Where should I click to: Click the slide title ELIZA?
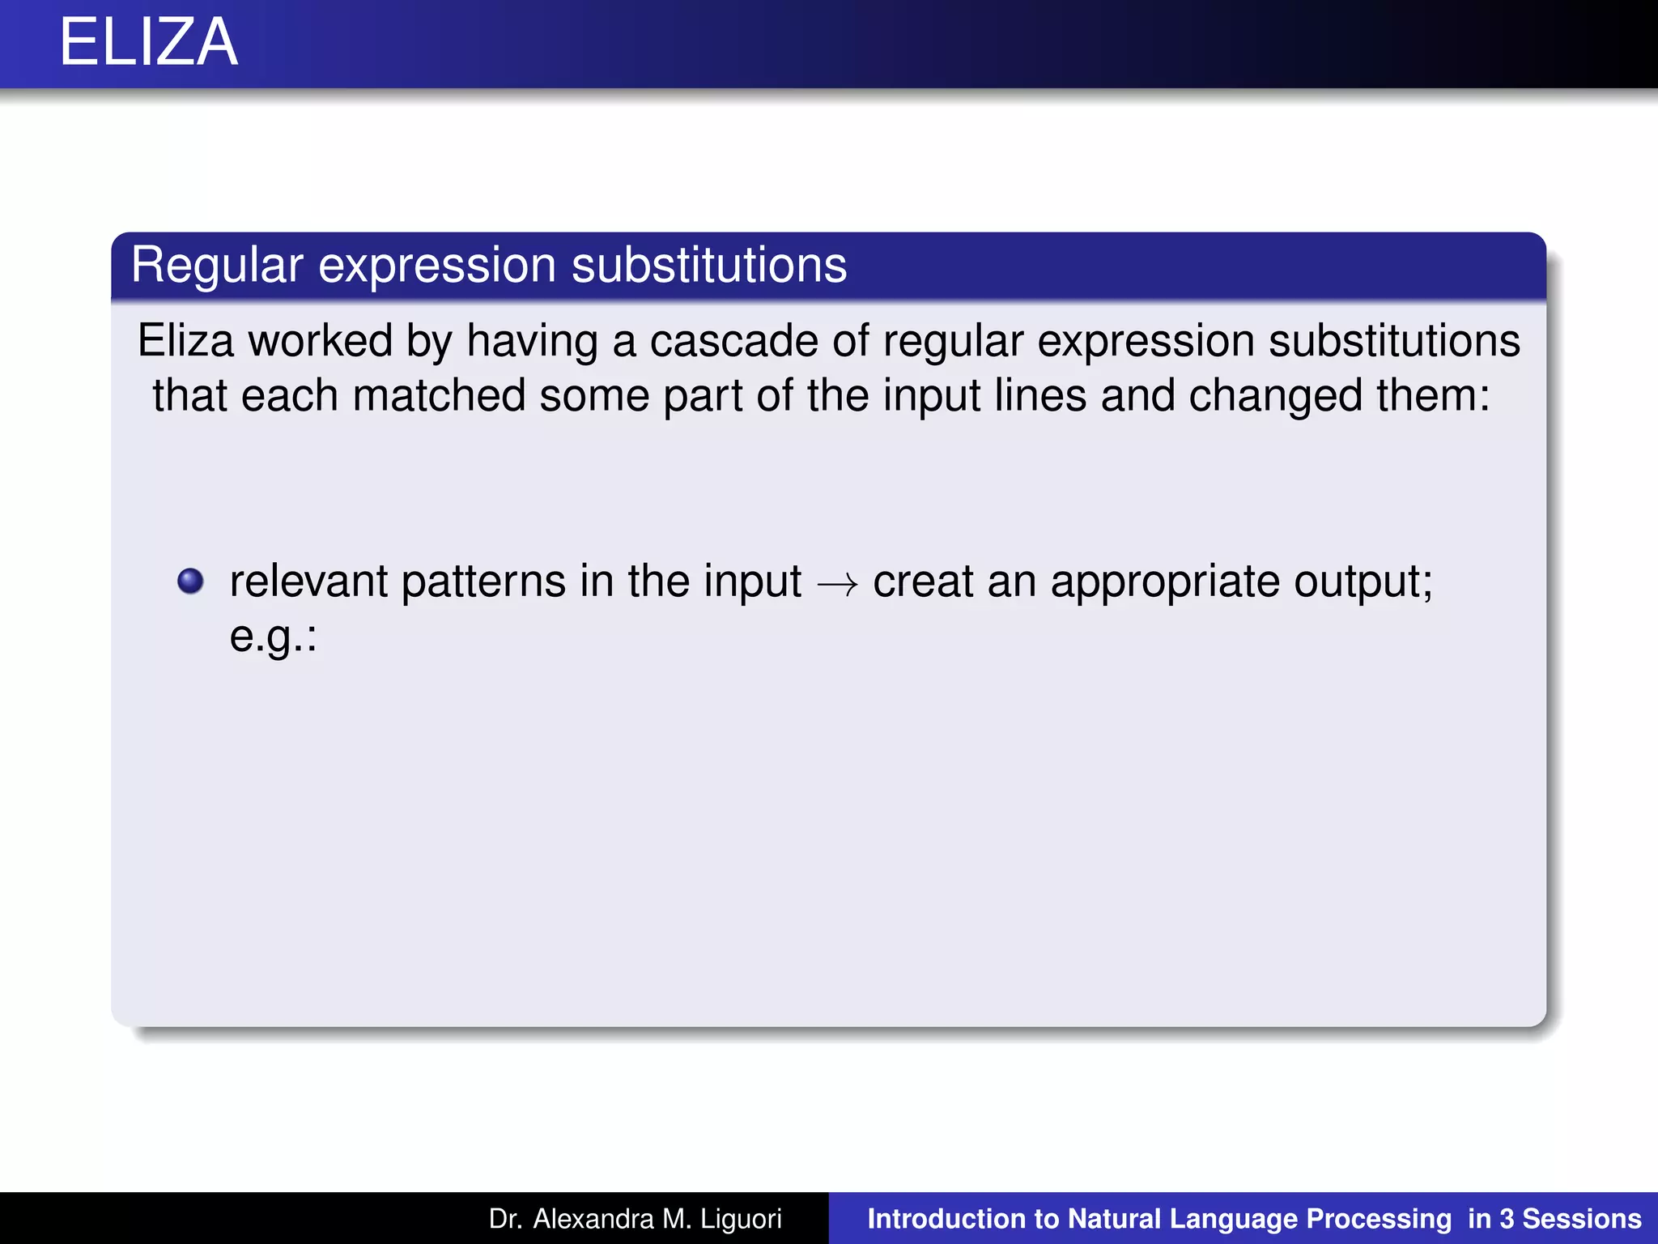tap(148, 42)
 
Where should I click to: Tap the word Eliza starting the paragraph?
tap(185, 340)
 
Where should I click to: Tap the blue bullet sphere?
tap(190, 581)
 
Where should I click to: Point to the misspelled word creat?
tap(922, 582)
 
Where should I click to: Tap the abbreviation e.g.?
tap(273, 637)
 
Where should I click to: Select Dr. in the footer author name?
tap(505, 1219)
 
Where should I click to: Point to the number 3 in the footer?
tap(1506, 1219)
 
